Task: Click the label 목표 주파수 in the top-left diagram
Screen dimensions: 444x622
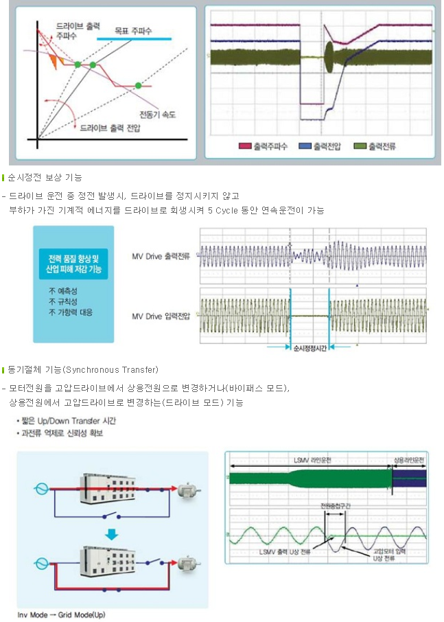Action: click(133, 31)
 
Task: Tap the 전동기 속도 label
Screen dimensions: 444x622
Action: click(157, 115)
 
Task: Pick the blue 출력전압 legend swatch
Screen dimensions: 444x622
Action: click(305, 146)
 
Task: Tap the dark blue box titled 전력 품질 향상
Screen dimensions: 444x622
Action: click(73, 264)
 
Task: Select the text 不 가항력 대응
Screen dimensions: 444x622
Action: click(71, 312)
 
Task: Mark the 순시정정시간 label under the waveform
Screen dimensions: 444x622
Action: click(310, 348)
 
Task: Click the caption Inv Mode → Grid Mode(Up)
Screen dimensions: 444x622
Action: click(62, 615)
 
